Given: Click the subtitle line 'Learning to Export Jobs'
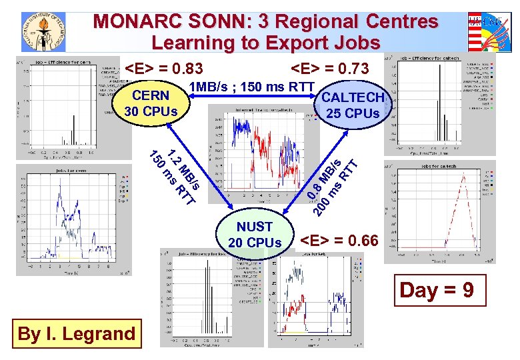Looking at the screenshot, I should tap(266, 43).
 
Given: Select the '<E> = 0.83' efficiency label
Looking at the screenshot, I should tap(164, 68).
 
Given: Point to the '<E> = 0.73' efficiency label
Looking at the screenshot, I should tap(329, 68).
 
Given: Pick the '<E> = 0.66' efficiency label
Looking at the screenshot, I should tap(339, 240).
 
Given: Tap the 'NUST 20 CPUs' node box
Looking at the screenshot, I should tap(255, 235).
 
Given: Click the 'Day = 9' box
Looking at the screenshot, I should tap(437, 290).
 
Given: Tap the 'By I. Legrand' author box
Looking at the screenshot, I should tap(76, 333).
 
